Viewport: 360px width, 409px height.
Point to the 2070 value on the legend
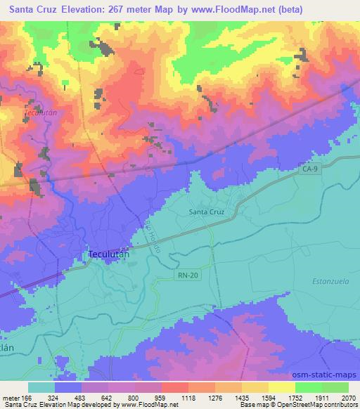pyautogui.click(x=349, y=398)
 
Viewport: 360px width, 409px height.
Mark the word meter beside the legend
pyautogui.click(x=10, y=398)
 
